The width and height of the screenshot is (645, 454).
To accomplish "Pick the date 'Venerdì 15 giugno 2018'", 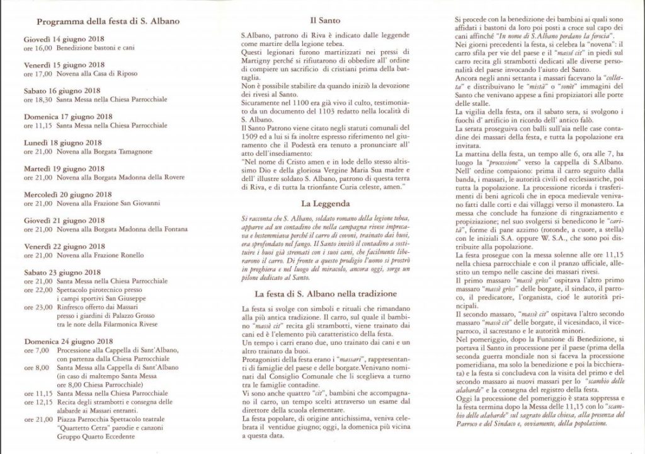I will click(x=64, y=64).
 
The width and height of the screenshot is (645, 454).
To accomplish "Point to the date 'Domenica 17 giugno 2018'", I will click(x=67, y=117).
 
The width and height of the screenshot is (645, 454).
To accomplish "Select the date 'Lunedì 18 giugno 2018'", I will click(x=63, y=143).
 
